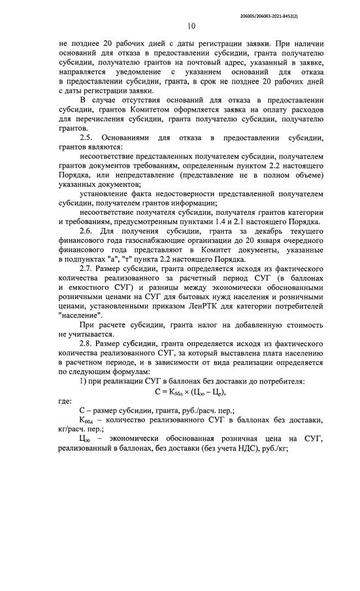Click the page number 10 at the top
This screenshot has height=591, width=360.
pyautogui.click(x=191, y=26)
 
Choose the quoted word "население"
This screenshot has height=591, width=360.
pyautogui.click(x=80, y=315)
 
